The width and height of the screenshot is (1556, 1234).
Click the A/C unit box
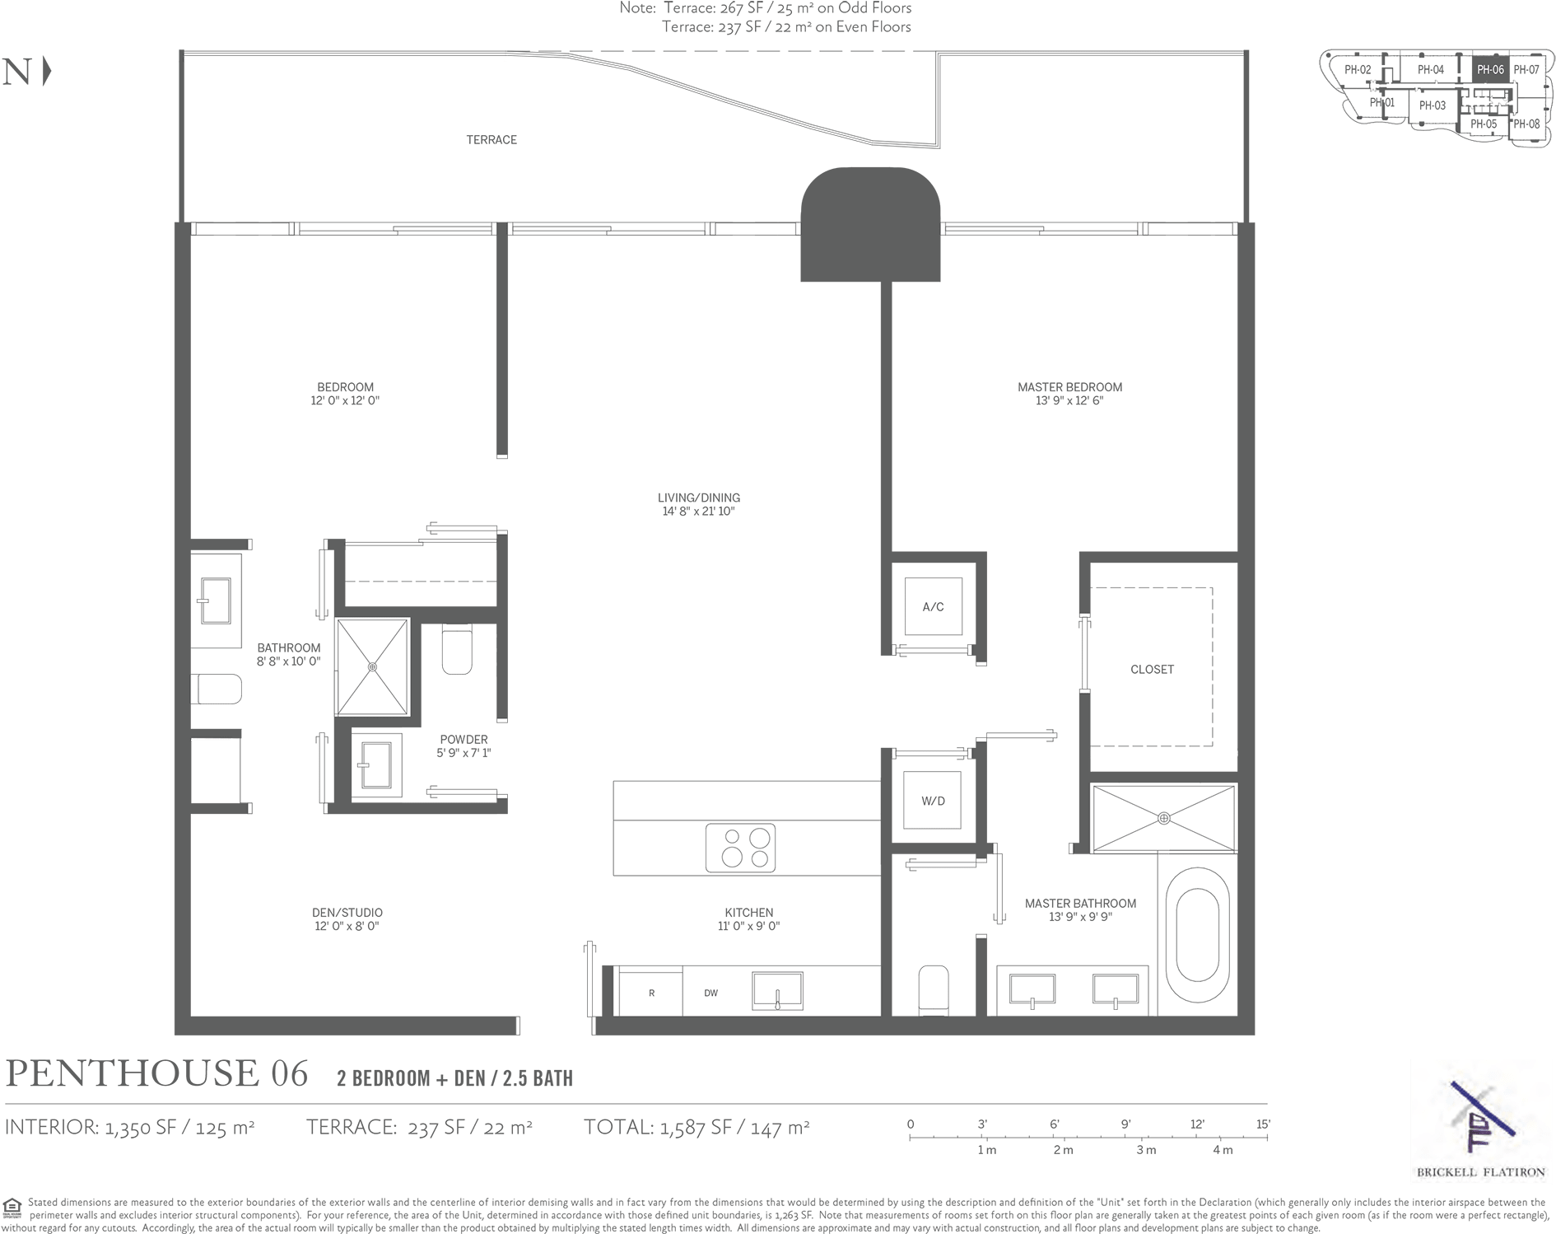coord(933,607)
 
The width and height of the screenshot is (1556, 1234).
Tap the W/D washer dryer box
coord(932,801)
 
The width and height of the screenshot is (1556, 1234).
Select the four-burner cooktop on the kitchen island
coord(740,848)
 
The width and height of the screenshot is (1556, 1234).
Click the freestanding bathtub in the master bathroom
coord(1197,934)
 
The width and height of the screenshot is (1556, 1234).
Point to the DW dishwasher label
coord(710,993)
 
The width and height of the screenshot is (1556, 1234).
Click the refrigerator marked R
coord(651,993)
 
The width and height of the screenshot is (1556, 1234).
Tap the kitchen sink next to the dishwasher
coord(776,990)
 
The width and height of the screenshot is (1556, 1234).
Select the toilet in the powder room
coord(457,648)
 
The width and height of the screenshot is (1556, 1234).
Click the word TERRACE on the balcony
coord(491,140)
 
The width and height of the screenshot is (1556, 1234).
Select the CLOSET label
coord(1152,669)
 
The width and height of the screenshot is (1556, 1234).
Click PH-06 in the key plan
coord(1490,70)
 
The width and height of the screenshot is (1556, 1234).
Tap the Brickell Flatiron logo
coord(1480,1120)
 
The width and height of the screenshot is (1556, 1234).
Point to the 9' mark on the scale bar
coord(1125,1124)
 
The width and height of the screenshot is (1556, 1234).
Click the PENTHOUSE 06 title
coord(157,1073)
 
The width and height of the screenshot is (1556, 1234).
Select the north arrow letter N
coord(16,72)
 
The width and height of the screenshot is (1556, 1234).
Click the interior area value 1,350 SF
coord(140,1127)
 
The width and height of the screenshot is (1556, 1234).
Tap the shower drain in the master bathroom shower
coord(1163,818)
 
